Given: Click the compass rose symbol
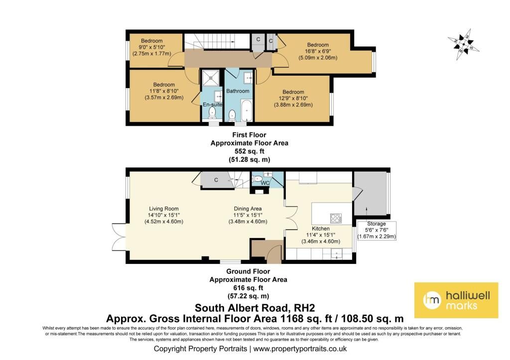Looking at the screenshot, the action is (464, 45).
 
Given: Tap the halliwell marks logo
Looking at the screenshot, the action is (456, 300).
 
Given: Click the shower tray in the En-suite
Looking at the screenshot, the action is (212, 77).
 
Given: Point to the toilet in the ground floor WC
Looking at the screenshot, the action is (257, 179).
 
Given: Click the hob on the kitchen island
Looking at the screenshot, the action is (336, 218).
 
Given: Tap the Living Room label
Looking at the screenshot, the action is (163, 209).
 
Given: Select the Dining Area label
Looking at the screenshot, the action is (248, 209).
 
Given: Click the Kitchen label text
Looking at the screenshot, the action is (320, 229).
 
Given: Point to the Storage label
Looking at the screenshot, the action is (377, 224).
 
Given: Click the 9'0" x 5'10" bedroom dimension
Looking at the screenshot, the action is (151, 47).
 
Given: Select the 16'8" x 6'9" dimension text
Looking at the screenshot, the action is (318, 51).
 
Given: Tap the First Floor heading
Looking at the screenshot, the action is (249, 134).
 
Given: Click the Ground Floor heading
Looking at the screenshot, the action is (248, 271).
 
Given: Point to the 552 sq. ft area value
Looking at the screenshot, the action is (249, 151).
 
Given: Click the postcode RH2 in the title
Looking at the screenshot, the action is (304, 308).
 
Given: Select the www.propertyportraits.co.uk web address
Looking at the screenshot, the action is (300, 349).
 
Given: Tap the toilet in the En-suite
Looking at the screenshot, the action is (212, 113).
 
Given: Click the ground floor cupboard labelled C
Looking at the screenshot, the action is (216, 180).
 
